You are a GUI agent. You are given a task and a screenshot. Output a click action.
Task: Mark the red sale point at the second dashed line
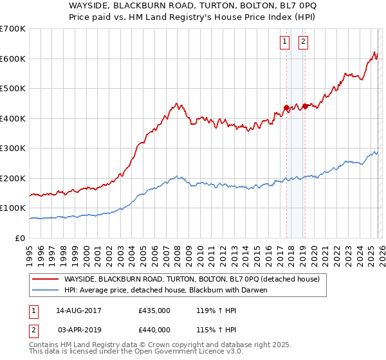coord(304,106)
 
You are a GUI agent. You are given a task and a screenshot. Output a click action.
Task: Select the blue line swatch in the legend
coord(45,290)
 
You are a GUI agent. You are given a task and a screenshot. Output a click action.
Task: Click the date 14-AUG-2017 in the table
coord(78,310)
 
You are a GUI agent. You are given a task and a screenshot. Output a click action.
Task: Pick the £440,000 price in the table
coord(154,330)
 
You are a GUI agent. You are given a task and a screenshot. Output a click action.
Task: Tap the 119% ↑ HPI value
coord(208,310)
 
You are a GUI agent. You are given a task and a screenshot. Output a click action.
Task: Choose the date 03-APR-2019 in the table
coord(78,330)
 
